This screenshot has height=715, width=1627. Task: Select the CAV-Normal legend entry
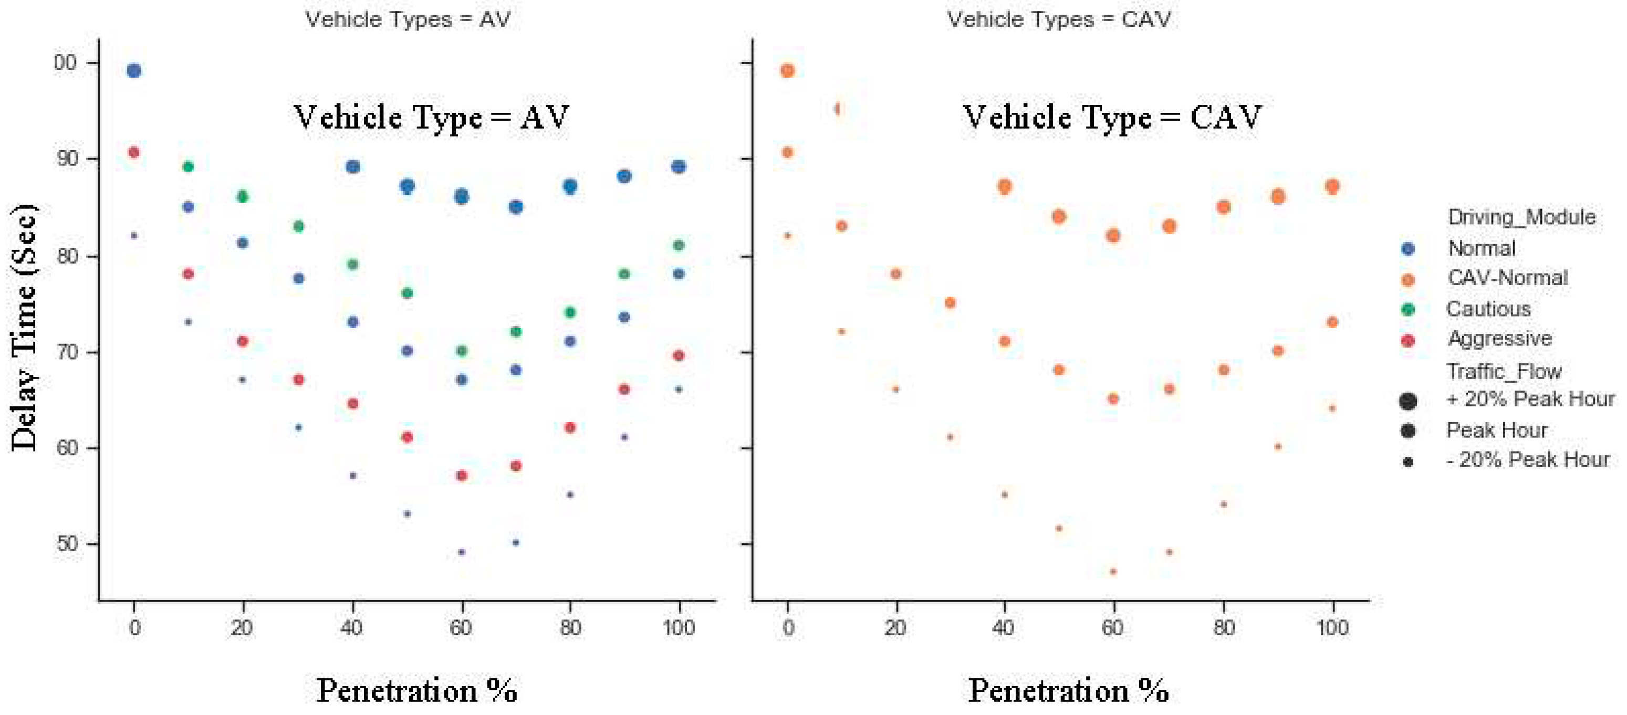pos(1507,278)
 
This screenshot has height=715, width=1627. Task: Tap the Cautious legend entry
pos(1488,309)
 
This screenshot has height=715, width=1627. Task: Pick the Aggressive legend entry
pos(1499,339)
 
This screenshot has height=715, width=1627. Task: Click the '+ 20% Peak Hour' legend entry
pos(1530,399)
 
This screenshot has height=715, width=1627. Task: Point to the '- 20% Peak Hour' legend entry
pos(1527,460)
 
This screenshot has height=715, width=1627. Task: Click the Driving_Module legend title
pos(1521,217)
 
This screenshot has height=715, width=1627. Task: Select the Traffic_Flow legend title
pos(1504,371)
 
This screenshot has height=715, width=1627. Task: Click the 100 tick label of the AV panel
pos(679,627)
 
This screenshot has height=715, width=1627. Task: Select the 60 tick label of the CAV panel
pos(1113,627)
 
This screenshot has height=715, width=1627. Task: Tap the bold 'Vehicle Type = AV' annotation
pos(431,118)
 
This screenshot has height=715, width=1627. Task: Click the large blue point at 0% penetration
pos(134,71)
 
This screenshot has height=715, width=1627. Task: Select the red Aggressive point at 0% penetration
pos(134,152)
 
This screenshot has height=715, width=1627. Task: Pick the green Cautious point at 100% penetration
pos(679,245)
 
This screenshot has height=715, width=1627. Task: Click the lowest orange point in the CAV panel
pos(1113,572)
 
